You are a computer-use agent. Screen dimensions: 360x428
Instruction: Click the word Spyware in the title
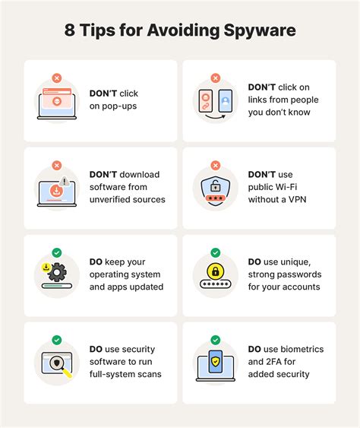click(x=260, y=30)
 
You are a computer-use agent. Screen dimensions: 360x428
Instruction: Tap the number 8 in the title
click(x=70, y=30)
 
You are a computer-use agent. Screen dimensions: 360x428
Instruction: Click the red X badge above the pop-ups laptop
click(x=57, y=78)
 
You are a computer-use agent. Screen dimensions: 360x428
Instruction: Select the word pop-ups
click(x=119, y=106)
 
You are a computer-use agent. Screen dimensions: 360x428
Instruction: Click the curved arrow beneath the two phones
click(x=216, y=117)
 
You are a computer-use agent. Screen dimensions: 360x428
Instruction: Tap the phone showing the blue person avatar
click(x=226, y=101)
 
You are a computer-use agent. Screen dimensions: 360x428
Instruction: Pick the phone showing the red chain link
click(x=206, y=101)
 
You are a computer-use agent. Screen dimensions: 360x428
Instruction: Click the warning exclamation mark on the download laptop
click(x=65, y=181)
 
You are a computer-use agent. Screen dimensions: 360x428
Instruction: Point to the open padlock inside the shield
click(x=216, y=185)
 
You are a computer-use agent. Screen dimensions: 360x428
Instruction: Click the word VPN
click(x=297, y=199)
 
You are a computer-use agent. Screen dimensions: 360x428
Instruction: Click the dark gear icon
click(x=57, y=272)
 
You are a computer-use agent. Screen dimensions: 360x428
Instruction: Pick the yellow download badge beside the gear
click(x=46, y=268)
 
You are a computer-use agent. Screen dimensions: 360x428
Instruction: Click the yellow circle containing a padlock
click(x=216, y=271)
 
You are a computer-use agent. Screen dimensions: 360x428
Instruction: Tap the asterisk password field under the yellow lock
click(x=216, y=284)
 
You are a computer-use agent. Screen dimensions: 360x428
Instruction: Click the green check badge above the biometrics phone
click(x=216, y=340)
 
